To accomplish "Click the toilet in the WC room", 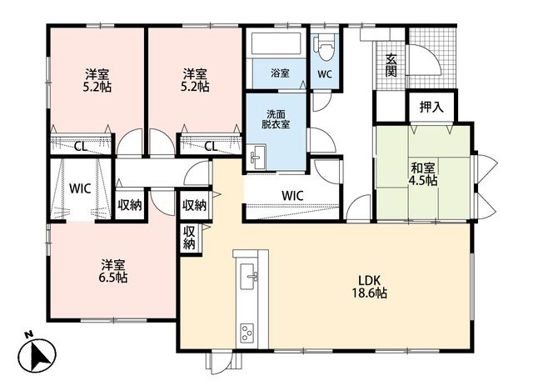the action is [324, 46].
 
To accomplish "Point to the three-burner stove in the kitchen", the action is [247, 333].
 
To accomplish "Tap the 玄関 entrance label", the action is [391, 65].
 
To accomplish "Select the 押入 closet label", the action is [431, 107].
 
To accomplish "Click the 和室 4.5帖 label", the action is [422, 174].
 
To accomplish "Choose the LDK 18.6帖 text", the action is [369, 287].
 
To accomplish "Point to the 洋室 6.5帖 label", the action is [113, 271].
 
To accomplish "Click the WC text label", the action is [325, 74].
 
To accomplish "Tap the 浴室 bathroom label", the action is [280, 73].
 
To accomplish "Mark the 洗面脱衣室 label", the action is [276, 119].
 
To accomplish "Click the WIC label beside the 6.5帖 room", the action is [80, 188].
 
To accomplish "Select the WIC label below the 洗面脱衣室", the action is [292, 195].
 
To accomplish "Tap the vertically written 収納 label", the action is [189, 238].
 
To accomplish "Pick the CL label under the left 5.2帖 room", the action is [81, 147].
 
